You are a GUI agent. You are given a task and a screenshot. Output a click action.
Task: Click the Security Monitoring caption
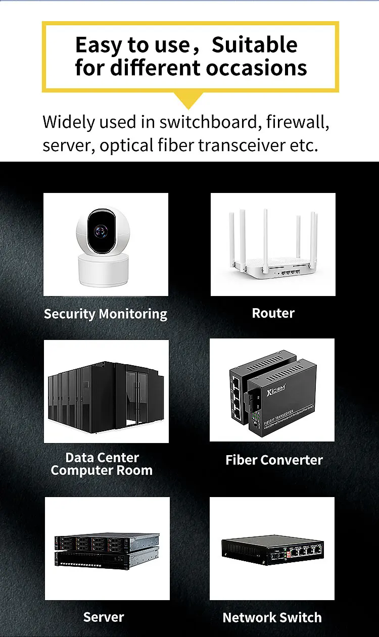point(105,314)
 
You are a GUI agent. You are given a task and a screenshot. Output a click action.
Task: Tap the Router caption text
point(273,313)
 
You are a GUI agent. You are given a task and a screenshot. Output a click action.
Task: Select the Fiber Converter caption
point(274,460)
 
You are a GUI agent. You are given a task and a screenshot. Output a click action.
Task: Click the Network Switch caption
point(272,617)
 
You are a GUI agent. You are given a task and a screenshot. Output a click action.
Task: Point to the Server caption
point(104,617)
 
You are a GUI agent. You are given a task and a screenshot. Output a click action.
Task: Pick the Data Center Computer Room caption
point(102,464)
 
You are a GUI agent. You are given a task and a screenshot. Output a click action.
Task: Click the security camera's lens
point(100,231)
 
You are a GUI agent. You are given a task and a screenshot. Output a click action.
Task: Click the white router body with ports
point(273,272)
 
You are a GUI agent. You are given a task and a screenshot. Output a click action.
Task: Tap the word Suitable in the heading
point(254,45)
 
